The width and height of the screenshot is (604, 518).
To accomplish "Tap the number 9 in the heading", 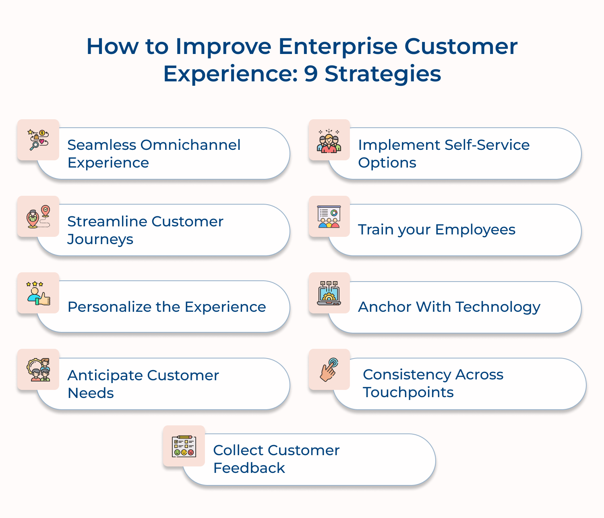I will pyautogui.click(x=311, y=74).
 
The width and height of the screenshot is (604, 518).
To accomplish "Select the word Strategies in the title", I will pyautogui.click(x=383, y=74).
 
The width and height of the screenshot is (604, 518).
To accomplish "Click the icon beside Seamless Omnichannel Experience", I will pyautogui.click(x=38, y=140).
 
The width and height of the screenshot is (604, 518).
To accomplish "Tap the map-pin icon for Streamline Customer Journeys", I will pyautogui.click(x=38, y=217).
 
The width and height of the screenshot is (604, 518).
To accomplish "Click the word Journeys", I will pyautogui.click(x=100, y=240).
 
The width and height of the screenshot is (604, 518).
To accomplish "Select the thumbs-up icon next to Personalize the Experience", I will pyautogui.click(x=38, y=293).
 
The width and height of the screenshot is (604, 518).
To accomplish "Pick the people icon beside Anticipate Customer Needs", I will pyautogui.click(x=38, y=370).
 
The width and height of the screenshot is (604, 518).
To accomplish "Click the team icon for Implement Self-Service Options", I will pyautogui.click(x=329, y=140).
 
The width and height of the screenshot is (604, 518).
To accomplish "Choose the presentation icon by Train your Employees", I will pyautogui.click(x=329, y=217).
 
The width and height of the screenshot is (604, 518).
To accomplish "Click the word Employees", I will pyautogui.click(x=475, y=230).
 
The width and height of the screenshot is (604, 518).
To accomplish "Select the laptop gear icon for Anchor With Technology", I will pyautogui.click(x=329, y=293).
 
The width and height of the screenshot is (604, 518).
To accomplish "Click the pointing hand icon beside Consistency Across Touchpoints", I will pyautogui.click(x=329, y=370).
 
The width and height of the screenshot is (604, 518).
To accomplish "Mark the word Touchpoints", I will pyautogui.click(x=408, y=392).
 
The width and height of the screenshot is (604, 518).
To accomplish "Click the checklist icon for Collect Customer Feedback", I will pyautogui.click(x=184, y=446).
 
